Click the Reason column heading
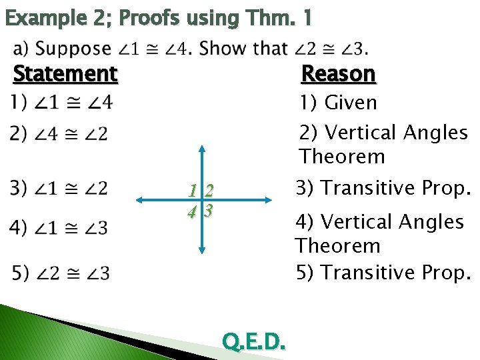pyautogui.click(x=339, y=73)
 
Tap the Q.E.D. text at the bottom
pyautogui.click(x=254, y=342)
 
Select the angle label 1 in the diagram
pyautogui.click(x=193, y=191)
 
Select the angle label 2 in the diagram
pyautogui.click(x=209, y=191)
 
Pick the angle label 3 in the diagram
pyautogui.click(x=209, y=211)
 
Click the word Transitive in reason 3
pyautogui.click(x=371, y=188)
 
